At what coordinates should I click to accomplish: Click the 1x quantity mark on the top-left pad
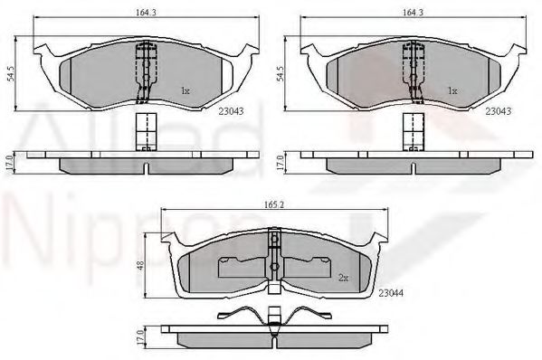(x=185, y=90)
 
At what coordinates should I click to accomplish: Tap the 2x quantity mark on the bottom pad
(x=342, y=278)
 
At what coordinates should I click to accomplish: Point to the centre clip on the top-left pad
(x=140, y=72)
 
